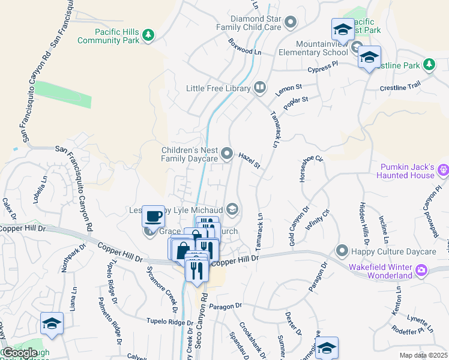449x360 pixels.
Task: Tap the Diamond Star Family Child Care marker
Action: (291, 23)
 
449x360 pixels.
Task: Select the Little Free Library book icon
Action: (260, 88)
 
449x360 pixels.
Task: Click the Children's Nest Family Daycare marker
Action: (227, 154)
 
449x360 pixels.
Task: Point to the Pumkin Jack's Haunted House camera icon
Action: (444, 170)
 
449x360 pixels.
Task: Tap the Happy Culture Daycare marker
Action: (342, 250)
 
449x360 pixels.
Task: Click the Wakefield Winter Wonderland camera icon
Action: (422, 271)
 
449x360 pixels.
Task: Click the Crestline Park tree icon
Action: (429, 64)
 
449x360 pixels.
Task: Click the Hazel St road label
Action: (249, 160)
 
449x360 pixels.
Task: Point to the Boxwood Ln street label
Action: (246, 48)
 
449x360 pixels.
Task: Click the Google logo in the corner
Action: (20, 353)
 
